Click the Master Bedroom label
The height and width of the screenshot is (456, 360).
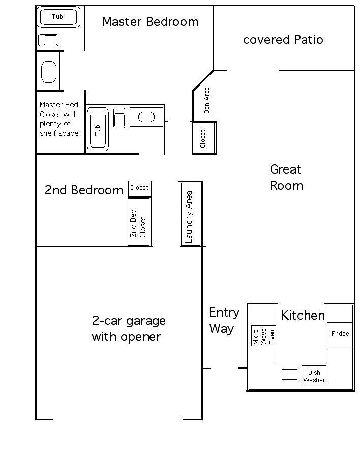(x=150, y=22)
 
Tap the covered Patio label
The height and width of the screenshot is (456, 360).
(x=283, y=40)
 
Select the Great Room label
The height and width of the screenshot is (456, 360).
(x=286, y=178)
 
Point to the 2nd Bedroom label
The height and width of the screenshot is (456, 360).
(x=84, y=190)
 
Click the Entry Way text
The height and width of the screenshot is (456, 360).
(x=224, y=321)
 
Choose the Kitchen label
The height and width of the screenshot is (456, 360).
(x=303, y=315)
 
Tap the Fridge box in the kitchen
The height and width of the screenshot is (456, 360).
(x=340, y=334)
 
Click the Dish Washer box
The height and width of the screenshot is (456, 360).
(x=314, y=376)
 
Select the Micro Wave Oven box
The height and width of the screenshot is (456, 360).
(x=263, y=335)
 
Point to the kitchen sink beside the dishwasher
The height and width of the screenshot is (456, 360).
(x=289, y=375)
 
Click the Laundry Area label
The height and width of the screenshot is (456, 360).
(x=189, y=217)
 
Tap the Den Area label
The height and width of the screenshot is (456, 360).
(x=206, y=100)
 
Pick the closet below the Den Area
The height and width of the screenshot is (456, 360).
(x=204, y=138)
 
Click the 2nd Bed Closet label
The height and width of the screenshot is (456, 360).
(x=138, y=223)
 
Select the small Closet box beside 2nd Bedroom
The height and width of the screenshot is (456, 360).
(x=139, y=188)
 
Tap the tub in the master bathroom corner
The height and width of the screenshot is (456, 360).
(x=58, y=17)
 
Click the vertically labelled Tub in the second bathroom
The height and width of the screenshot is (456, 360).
(x=98, y=129)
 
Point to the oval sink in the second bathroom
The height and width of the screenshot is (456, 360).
(x=146, y=117)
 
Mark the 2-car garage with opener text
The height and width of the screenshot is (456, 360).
(x=129, y=329)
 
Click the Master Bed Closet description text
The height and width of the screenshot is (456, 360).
(x=59, y=119)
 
